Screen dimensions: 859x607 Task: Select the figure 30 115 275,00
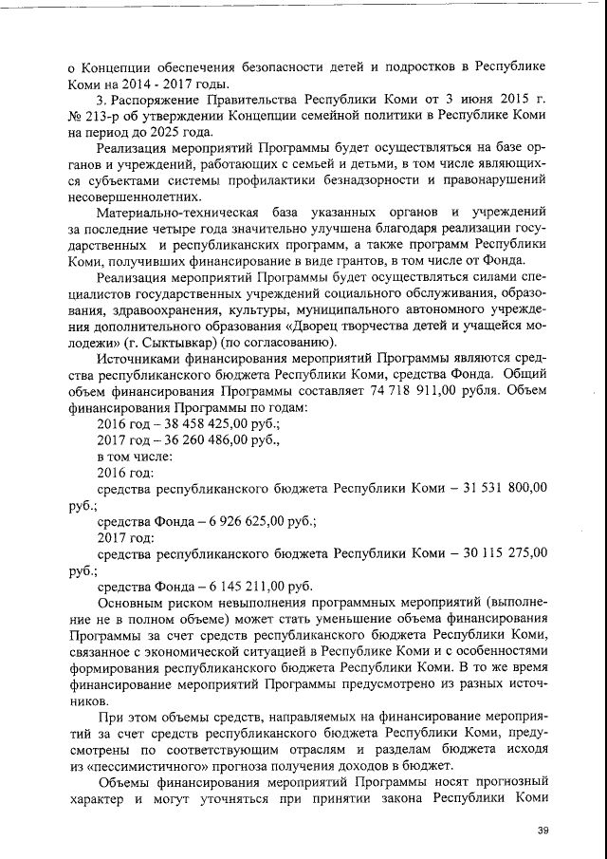tap(506, 553)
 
